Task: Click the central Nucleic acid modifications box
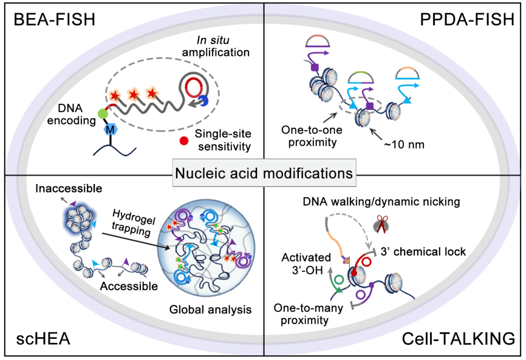264,174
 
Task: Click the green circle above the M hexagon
103,114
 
